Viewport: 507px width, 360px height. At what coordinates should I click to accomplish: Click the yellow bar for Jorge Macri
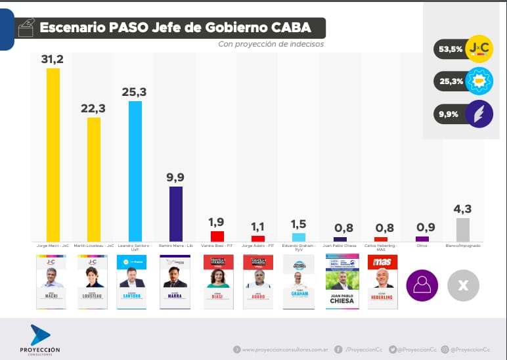click(x=53, y=155)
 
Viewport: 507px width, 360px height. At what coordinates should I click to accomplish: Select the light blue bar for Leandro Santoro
click(x=135, y=171)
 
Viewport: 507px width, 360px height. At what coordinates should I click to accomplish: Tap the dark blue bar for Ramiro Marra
click(x=176, y=214)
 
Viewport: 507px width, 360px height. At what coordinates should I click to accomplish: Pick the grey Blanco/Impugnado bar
click(x=463, y=230)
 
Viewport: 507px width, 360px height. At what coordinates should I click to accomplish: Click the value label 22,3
click(x=94, y=108)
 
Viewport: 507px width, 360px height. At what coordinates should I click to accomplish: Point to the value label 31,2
click(x=53, y=59)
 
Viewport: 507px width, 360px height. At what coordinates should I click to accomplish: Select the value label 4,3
click(x=463, y=209)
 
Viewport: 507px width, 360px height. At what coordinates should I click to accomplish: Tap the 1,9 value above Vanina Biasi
click(x=217, y=221)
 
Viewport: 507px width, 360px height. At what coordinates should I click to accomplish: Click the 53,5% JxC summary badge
click(x=463, y=49)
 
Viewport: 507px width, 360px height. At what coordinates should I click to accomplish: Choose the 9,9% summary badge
click(x=463, y=114)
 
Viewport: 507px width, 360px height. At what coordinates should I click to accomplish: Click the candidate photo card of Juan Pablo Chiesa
click(x=342, y=282)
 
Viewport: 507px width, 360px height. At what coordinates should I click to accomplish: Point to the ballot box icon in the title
click(x=27, y=28)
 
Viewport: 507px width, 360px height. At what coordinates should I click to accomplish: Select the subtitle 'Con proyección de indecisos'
click(x=271, y=45)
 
